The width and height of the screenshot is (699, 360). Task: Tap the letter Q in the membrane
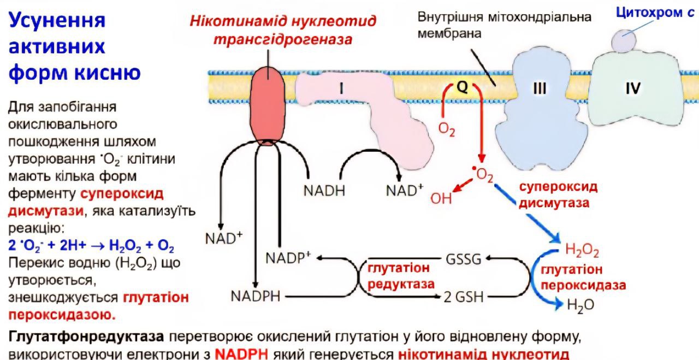(x=462, y=88)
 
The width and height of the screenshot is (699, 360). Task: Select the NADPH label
(x=255, y=296)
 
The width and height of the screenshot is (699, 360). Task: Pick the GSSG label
(x=464, y=259)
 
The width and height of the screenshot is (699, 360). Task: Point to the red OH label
(x=441, y=198)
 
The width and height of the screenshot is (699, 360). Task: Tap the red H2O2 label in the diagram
(x=582, y=251)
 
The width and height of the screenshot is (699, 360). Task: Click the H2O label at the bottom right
(x=581, y=305)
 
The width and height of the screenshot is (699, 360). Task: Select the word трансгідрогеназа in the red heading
(x=282, y=40)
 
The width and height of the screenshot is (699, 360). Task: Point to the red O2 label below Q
(x=447, y=130)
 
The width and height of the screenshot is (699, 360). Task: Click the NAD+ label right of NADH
(x=405, y=190)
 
